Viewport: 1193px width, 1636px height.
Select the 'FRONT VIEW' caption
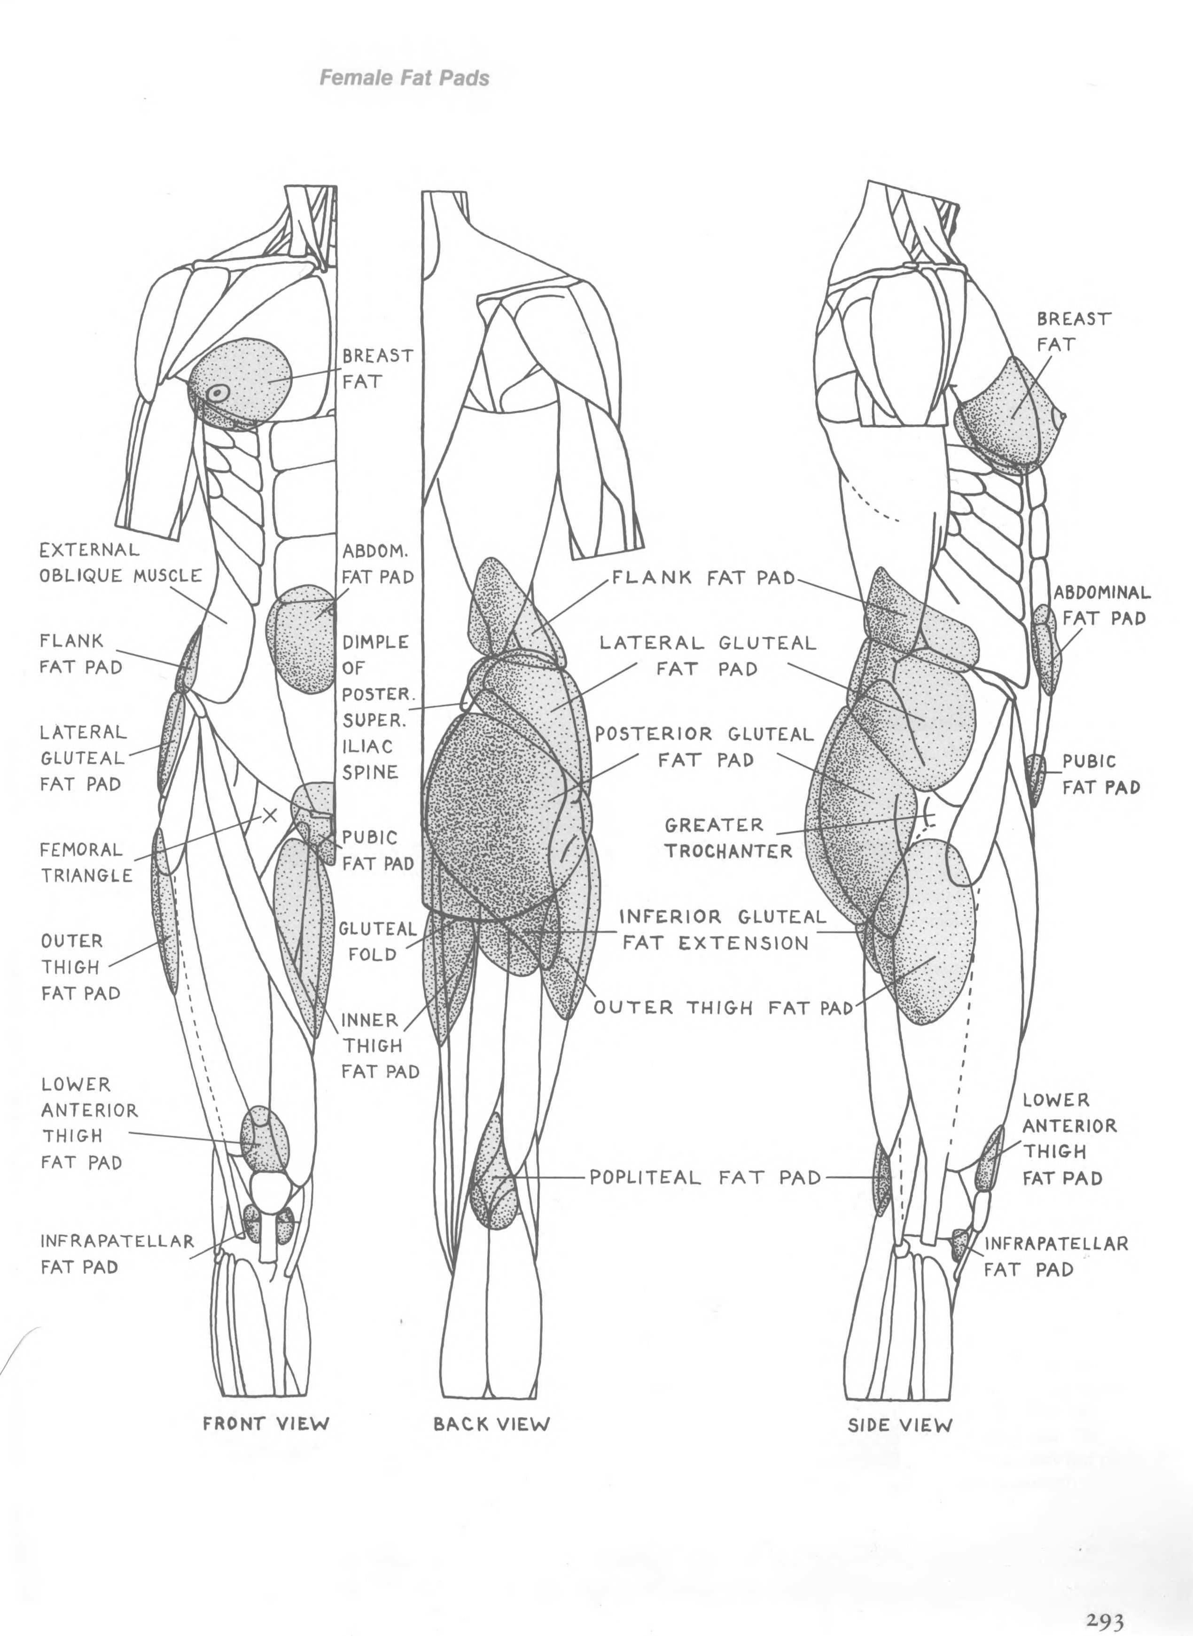point(266,1423)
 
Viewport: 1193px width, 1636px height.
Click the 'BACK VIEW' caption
point(491,1424)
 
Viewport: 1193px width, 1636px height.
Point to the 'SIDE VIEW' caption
point(900,1425)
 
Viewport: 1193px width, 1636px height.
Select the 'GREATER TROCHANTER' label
point(728,837)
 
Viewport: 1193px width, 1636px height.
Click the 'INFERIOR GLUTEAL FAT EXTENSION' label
point(722,930)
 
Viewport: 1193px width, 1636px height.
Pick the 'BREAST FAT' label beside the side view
point(1073,332)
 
